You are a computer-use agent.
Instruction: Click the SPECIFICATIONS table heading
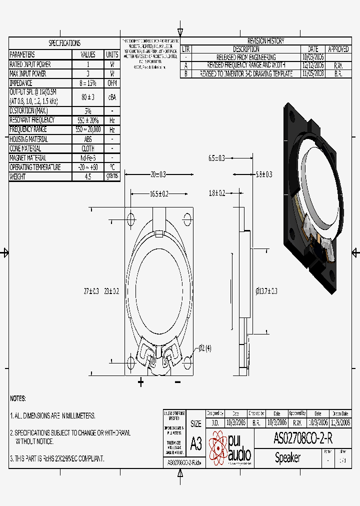(x=64, y=43)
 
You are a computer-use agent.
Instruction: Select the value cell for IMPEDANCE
(x=87, y=83)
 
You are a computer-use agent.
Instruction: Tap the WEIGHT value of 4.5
(x=87, y=176)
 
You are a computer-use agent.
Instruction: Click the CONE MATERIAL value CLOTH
(x=87, y=148)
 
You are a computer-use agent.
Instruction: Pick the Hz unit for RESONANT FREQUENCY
(x=112, y=120)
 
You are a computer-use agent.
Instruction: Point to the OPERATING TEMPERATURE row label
(x=35, y=167)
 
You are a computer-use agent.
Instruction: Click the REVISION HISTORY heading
(x=265, y=41)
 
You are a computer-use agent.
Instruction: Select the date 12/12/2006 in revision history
(x=313, y=65)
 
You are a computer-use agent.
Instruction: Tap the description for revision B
(x=246, y=73)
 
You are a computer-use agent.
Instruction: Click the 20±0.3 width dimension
(x=158, y=174)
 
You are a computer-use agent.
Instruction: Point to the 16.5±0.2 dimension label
(x=158, y=193)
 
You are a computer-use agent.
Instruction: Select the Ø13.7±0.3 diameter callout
(x=266, y=291)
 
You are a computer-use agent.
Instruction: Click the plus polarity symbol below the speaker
(x=141, y=382)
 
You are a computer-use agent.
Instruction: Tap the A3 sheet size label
(x=196, y=444)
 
